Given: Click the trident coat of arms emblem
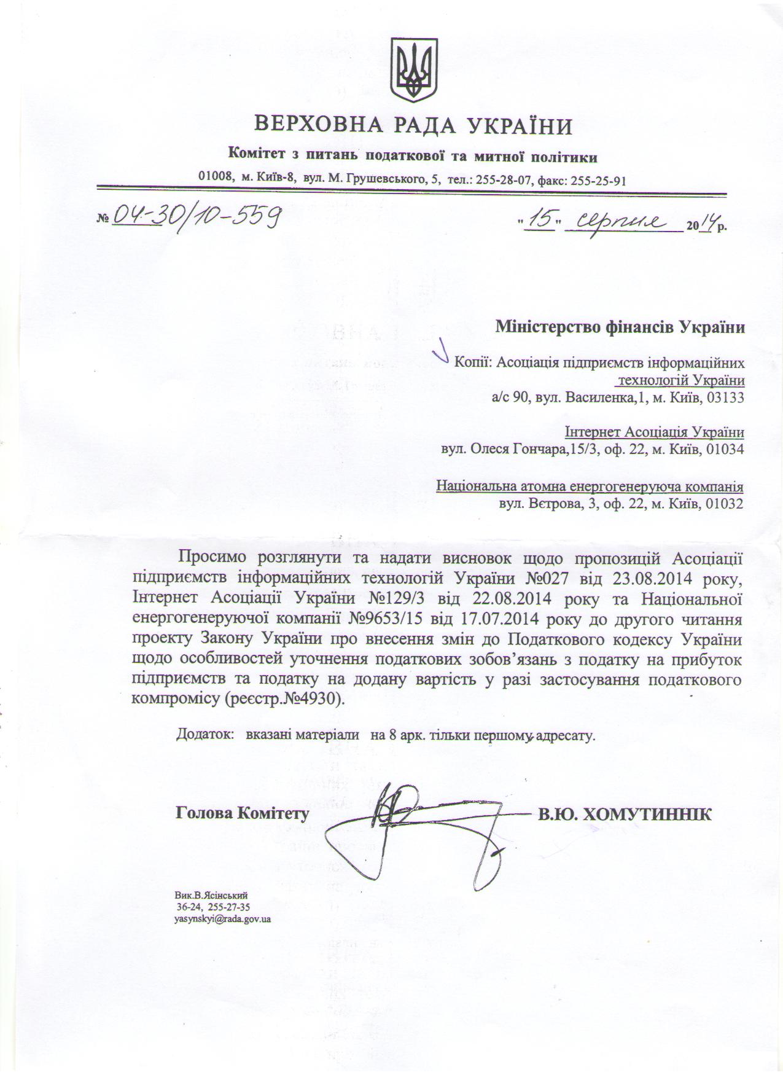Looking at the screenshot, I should point(415,70).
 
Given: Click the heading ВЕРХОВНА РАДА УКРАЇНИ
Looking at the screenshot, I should point(415,127).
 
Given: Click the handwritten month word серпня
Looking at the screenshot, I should point(621,222).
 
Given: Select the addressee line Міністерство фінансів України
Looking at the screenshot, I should point(620,326).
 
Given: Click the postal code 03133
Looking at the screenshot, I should point(725,397).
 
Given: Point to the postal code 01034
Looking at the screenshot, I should point(725,449).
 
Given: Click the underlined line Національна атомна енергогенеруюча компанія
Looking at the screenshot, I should point(590,487).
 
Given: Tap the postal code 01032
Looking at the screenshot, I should point(725,504).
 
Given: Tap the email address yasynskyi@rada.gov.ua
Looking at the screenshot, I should point(223,920).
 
